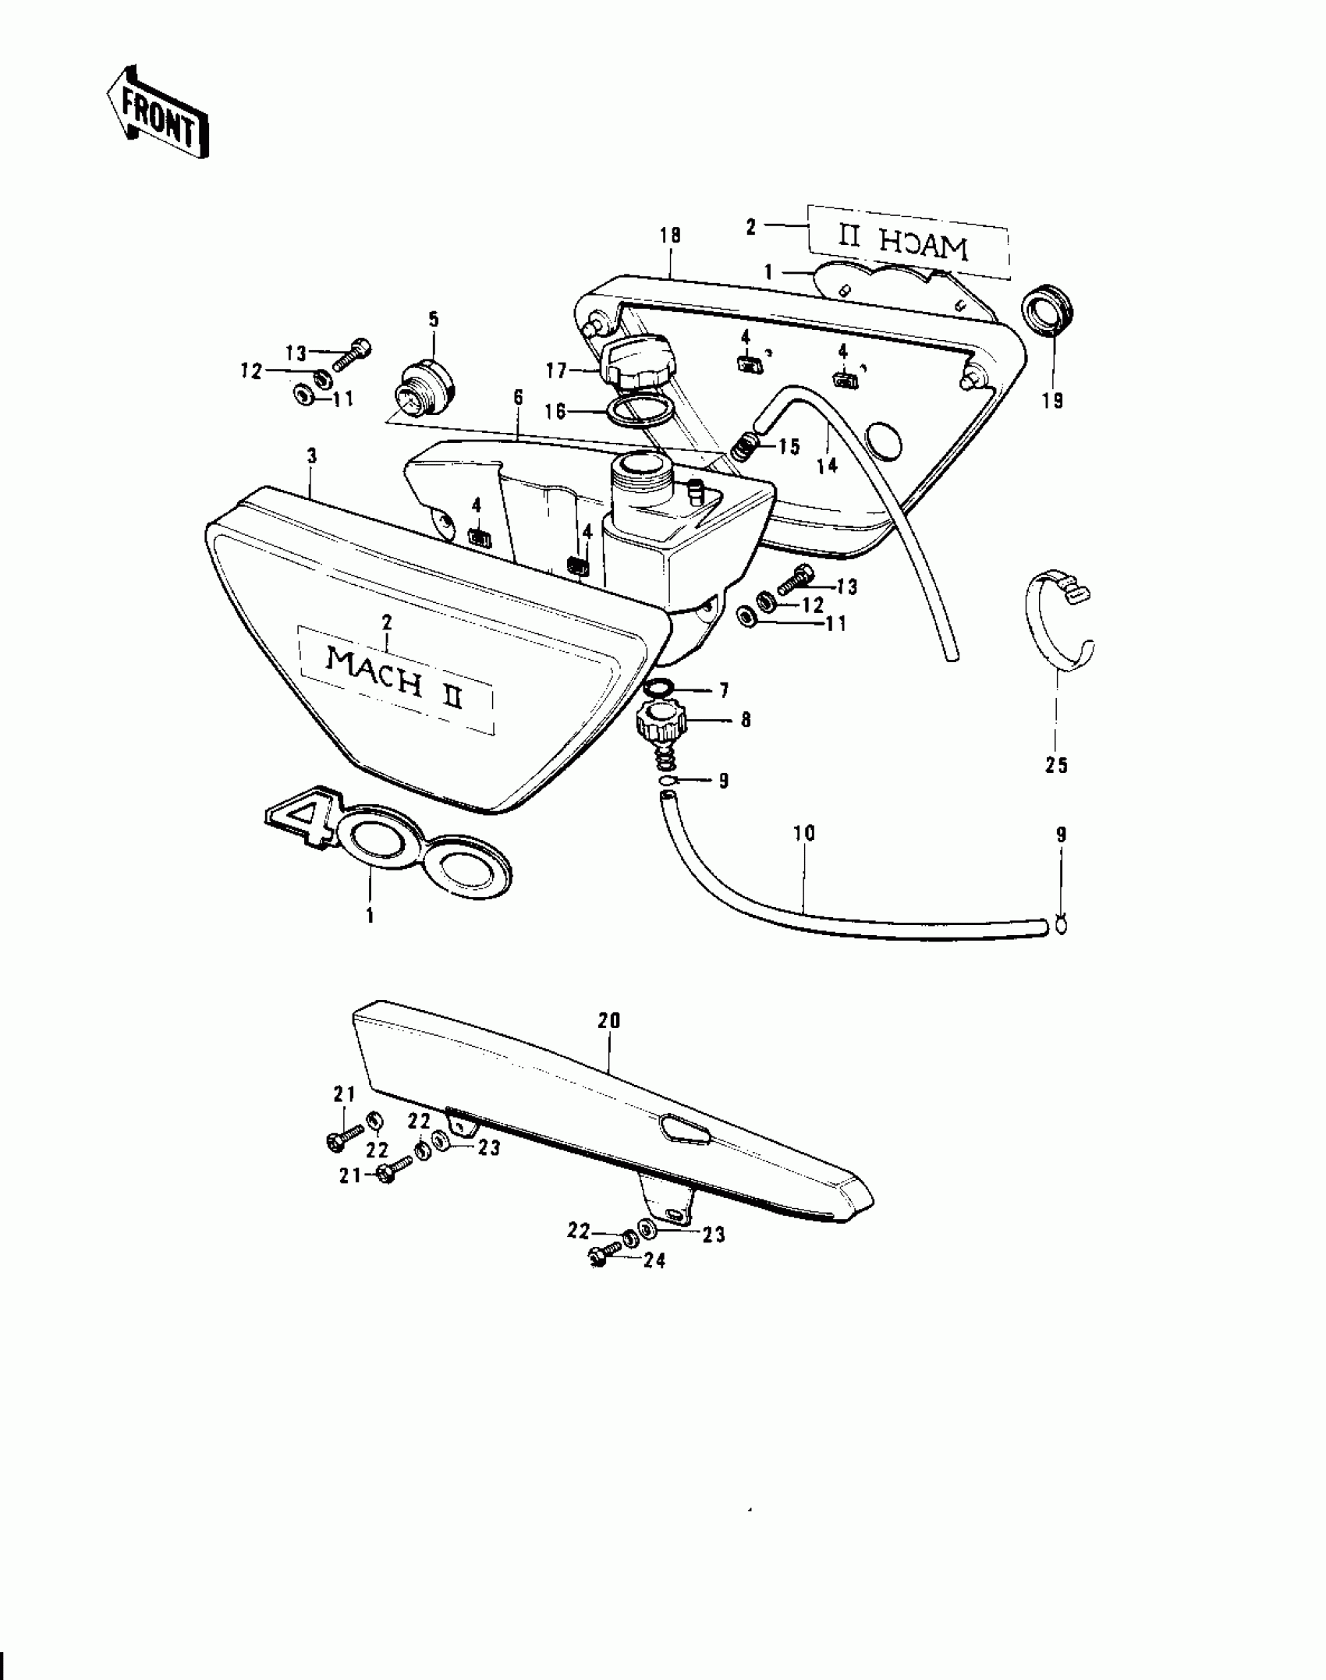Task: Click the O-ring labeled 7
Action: (x=660, y=689)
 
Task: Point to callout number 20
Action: (x=608, y=1020)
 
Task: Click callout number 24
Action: (x=654, y=1261)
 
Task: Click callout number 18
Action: (x=670, y=235)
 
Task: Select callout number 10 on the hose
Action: (x=803, y=833)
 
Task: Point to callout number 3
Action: (x=312, y=455)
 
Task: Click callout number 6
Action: (x=518, y=398)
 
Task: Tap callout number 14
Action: (x=827, y=465)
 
